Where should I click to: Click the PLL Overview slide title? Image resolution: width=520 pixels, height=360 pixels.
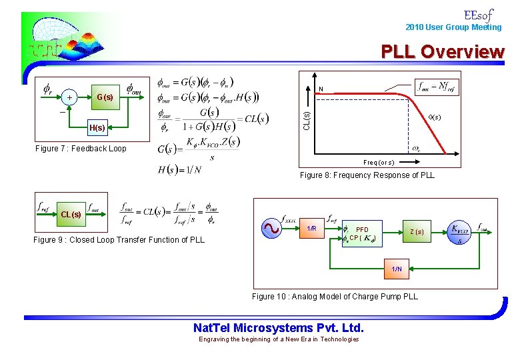443,51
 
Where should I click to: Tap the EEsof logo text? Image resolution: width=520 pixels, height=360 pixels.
478,15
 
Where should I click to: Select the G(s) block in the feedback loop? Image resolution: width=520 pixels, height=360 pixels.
105,97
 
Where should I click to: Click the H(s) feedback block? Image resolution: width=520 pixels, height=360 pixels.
97,128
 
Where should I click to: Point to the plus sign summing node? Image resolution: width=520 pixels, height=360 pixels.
70,97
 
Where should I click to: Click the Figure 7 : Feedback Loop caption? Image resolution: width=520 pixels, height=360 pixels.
81,149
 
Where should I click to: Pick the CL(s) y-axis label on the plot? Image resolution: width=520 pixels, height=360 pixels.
307,121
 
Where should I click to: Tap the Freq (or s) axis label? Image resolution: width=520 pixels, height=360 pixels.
379,163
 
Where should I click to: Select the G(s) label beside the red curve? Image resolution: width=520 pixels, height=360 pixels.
433,117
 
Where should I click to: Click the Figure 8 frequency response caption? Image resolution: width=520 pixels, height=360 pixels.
367,175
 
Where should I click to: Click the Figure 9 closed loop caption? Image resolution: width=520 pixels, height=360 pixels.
119,240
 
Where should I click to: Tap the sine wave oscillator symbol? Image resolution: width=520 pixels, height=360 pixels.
271,229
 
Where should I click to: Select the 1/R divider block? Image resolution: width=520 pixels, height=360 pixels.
311,229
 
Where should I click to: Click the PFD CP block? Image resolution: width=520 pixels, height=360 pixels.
359,233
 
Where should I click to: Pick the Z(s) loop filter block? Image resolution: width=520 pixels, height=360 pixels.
416,232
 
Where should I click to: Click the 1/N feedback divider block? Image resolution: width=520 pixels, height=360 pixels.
397,269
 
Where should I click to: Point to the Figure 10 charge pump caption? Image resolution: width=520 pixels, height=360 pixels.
335,297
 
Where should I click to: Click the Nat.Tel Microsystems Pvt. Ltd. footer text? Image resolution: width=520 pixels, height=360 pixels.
279,328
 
